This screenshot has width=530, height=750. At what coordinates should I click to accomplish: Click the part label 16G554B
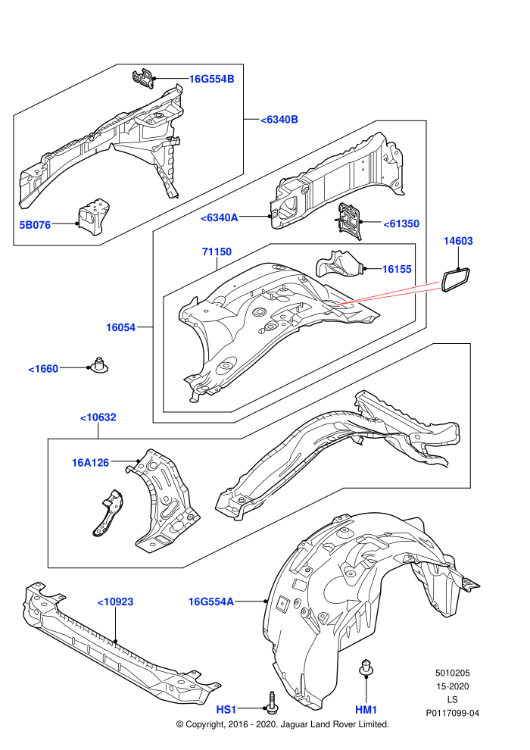tap(212, 79)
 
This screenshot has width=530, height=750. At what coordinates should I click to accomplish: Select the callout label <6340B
tap(279, 120)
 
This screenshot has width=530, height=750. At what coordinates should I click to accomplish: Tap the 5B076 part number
tap(35, 224)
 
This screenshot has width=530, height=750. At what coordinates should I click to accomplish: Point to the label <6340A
tap(219, 217)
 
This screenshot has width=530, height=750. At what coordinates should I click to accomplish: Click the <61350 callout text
tap(401, 223)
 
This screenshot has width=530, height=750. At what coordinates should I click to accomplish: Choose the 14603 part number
tap(458, 241)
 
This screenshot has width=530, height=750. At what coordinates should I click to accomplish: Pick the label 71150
tap(217, 252)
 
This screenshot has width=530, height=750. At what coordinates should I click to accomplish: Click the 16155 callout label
tap(397, 269)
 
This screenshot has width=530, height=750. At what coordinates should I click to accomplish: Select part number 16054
tap(121, 327)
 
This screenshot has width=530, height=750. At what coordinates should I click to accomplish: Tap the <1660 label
tap(43, 369)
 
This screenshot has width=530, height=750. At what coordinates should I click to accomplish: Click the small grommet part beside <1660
tap(100, 365)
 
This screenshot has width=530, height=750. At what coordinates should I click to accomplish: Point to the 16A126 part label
tap(90, 463)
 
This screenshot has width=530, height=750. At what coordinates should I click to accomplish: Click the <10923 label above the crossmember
tap(116, 602)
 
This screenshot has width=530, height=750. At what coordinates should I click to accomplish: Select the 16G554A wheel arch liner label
tap(211, 602)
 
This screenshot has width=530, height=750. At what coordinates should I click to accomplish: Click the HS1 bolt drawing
tap(272, 702)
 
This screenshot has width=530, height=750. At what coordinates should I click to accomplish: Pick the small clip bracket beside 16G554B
tap(143, 80)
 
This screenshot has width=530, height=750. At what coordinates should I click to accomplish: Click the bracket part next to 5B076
tap(94, 216)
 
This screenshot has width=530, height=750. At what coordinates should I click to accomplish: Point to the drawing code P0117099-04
tap(453, 713)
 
